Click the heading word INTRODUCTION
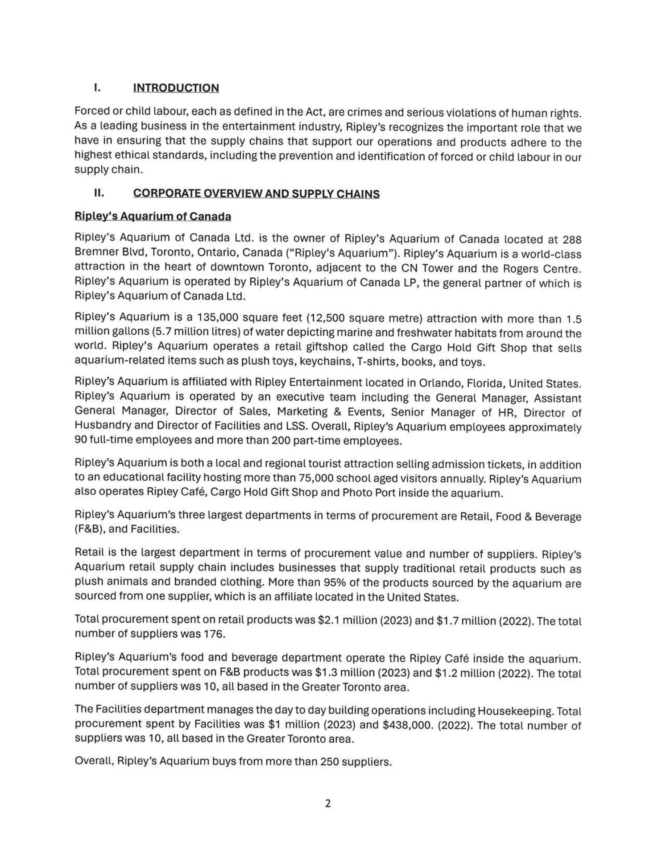point(176,88)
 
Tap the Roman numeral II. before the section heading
point(99,193)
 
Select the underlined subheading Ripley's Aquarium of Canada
point(153,216)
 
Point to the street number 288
point(572,240)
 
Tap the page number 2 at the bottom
point(328,803)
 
